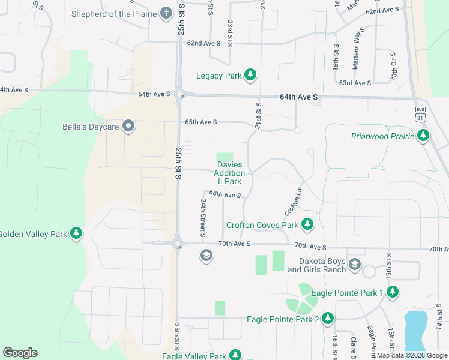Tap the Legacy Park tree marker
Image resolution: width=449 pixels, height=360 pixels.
250,76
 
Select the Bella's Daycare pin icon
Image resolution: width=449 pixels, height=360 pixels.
128,127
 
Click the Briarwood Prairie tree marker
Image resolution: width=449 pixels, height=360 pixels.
424,136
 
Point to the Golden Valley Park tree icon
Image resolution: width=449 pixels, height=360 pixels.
76,233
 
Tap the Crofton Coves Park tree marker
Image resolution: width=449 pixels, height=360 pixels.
307,225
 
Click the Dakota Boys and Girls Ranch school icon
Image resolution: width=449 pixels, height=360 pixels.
355,265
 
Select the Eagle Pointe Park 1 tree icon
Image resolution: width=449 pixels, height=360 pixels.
393,292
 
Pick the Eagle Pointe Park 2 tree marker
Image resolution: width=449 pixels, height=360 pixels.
328,319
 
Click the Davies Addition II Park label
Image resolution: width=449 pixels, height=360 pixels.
229,173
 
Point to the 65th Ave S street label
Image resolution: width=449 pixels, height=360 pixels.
200,122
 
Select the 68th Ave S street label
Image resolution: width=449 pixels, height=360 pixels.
225,194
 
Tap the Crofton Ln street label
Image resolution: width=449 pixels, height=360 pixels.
292,202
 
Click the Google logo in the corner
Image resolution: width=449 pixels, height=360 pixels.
20,353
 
